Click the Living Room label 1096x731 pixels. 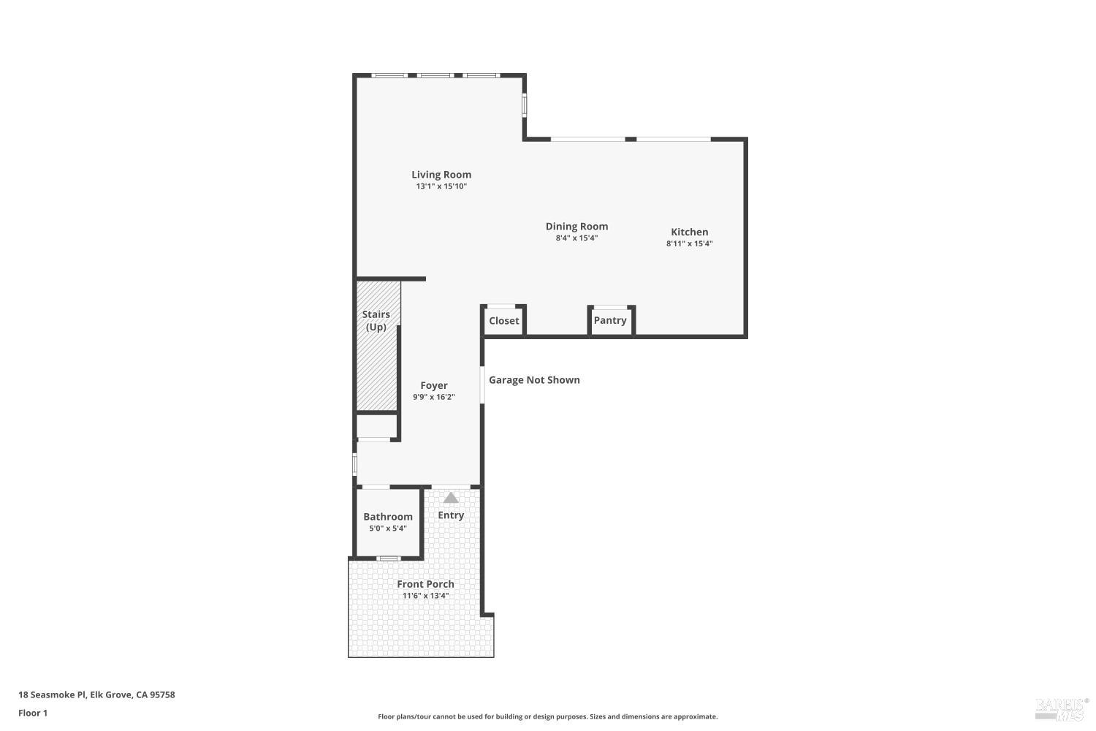441,175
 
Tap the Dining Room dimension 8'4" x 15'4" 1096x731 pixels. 576,238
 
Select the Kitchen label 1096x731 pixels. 689,232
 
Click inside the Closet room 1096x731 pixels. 503,321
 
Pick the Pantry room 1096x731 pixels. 610,321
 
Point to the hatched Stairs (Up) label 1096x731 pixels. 376,321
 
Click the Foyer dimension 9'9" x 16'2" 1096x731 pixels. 433,398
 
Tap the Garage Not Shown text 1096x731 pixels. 534,380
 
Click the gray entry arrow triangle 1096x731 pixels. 451,499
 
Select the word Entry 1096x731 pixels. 451,515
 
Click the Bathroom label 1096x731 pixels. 388,517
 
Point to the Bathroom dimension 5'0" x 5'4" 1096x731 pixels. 388,529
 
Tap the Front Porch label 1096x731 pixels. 425,584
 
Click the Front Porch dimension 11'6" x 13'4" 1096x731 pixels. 425,596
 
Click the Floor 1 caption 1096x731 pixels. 33,713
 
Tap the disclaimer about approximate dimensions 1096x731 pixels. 547,717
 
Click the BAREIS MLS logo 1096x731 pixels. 1061,708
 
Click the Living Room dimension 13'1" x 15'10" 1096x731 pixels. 441,186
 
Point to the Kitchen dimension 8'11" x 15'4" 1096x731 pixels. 689,244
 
